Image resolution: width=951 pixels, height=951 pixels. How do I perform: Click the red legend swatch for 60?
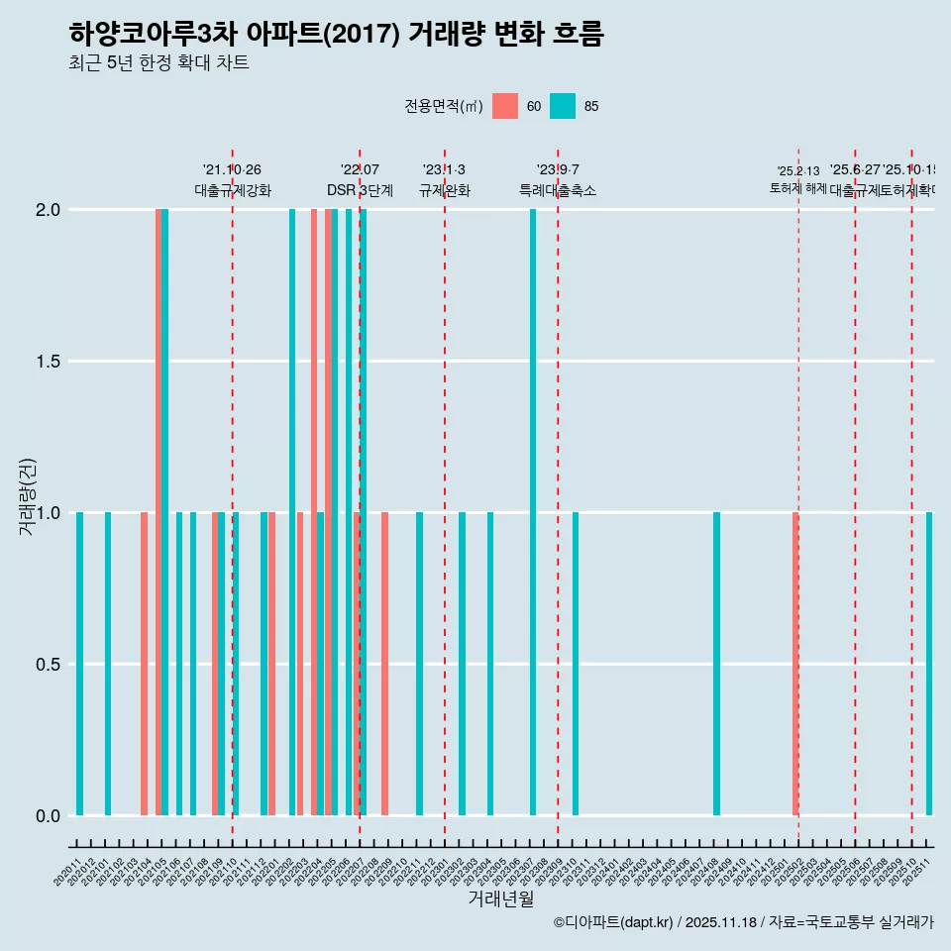(x=505, y=106)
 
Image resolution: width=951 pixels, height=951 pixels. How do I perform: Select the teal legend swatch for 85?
(x=563, y=106)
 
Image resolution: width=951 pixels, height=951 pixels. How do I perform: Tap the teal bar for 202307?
(x=533, y=512)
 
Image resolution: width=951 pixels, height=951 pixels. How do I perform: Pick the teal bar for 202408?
(x=716, y=664)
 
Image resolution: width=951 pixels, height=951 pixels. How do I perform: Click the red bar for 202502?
(x=795, y=664)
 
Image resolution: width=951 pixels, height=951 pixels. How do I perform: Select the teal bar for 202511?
(x=929, y=664)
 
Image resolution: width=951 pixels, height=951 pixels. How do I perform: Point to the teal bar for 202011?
(x=79, y=664)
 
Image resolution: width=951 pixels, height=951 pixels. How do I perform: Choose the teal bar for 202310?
(x=576, y=664)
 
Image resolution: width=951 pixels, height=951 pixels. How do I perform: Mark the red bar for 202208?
(x=384, y=664)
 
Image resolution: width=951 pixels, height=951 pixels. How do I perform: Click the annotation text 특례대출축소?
(x=558, y=191)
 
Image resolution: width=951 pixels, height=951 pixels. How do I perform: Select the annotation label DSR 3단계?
(x=361, y=191)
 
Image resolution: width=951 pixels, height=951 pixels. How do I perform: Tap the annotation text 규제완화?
(x=445, y=191)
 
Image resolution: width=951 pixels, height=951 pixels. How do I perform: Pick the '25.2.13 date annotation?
(x=798, y=171)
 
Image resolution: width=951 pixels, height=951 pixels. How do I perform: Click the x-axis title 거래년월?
(x=500, y=899)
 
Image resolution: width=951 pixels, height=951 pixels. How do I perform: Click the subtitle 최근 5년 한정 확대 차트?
(x=158, y=63)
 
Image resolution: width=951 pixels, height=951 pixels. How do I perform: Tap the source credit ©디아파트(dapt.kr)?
(x=614, y=922)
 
